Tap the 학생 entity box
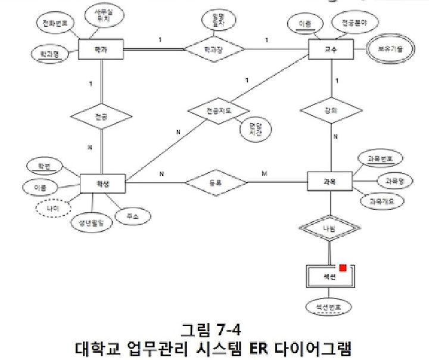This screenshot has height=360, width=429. (x=102, y=182)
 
